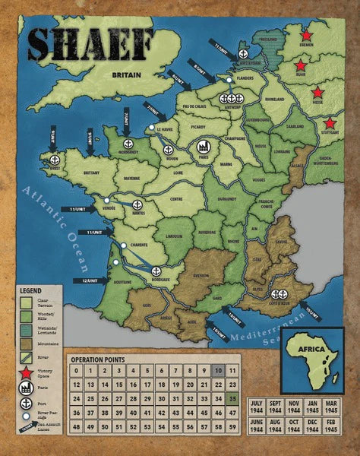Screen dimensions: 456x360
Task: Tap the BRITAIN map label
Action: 128,75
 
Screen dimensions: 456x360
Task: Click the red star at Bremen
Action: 306,36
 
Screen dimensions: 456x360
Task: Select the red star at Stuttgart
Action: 330,123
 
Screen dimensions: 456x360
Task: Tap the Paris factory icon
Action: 204,146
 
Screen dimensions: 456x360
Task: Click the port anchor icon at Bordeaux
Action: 156,271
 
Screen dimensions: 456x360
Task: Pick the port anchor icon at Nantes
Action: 137,204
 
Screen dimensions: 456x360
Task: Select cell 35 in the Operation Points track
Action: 233,398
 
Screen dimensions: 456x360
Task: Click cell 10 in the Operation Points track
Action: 218,370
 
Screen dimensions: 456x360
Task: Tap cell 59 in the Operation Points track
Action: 233,426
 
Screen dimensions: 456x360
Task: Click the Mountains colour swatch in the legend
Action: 26,343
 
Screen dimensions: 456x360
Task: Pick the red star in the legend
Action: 26,372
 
